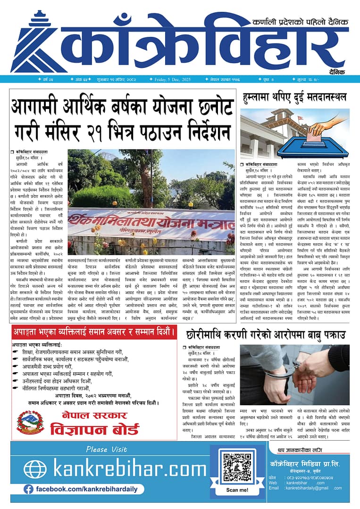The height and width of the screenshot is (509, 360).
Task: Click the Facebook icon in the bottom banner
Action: pyautogui.click(x=28, y=490)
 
